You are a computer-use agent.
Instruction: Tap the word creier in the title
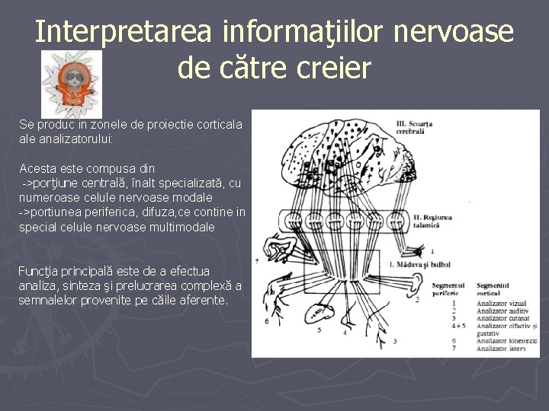[336, 68]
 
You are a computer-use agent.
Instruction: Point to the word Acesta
[37, 168]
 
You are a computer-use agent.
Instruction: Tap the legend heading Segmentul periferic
[448, 288]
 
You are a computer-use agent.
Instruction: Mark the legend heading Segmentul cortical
[494, 288]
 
